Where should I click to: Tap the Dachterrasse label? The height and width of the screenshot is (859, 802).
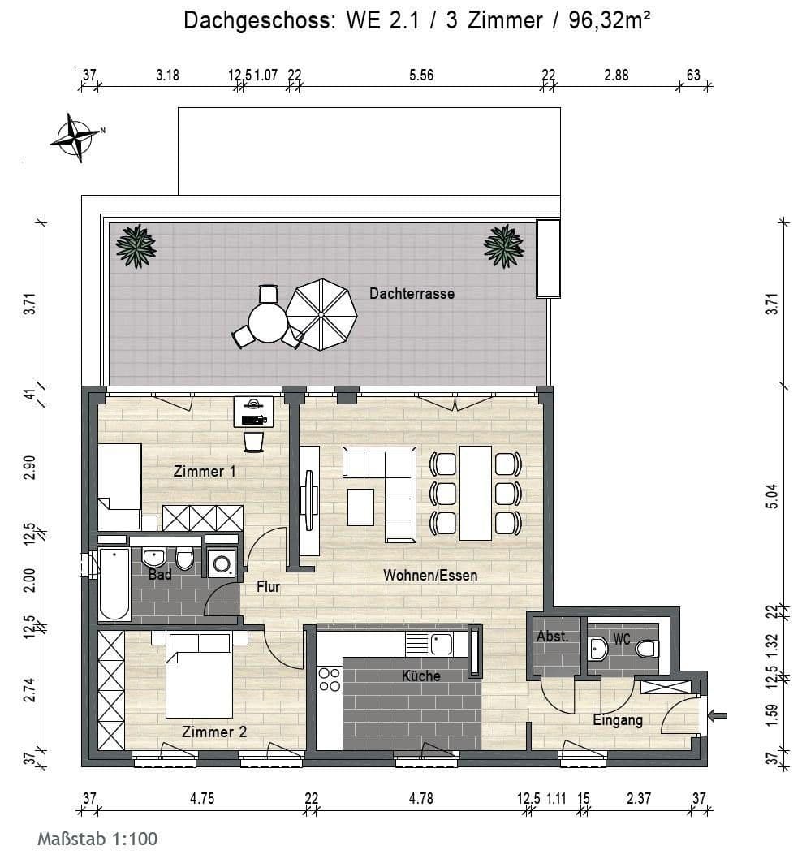(x=412, y=293)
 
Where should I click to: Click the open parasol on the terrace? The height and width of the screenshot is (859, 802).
(x=321, y=314)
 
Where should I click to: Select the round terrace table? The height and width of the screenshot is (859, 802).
(x=268, y=322)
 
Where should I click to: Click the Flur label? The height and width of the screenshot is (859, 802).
(x=268, y=586)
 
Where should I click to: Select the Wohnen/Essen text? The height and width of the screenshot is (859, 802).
(x=430, y=576)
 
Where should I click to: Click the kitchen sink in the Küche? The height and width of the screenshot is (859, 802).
(x=442, y=644)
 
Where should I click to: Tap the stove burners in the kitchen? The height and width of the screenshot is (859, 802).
(x=330, y=680)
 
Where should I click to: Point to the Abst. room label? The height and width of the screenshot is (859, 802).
(x=553, y=637)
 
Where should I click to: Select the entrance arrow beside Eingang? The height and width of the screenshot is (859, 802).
(x=718, y=715)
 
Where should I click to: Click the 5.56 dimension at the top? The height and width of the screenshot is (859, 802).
(x=421, y=76)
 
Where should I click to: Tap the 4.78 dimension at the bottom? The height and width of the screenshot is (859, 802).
(x=420, y=799)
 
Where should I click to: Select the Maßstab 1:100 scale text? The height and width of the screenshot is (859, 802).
(x=97, y=839)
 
